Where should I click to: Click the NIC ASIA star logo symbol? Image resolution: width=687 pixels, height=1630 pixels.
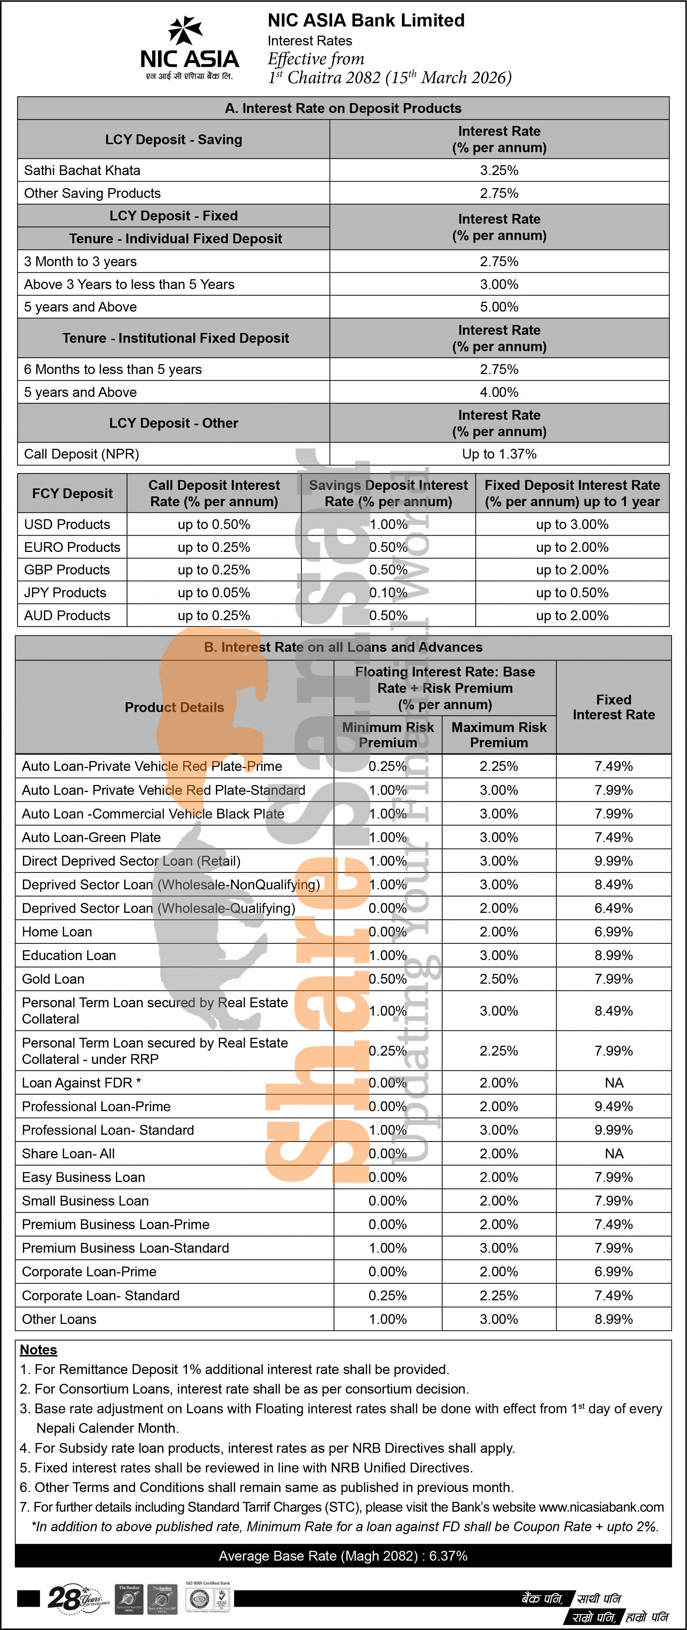pyautogui.click(x=185, y=31)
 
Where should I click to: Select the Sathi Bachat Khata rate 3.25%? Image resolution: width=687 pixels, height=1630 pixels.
pyautogui.click(x=499, y=170)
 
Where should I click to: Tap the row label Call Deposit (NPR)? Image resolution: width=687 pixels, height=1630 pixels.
pyautogui.click(x=81, y=454)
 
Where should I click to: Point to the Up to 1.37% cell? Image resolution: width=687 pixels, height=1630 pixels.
pyautogui.click(x=499, y=454)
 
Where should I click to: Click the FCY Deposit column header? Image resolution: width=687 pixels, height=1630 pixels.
pyautogui.click(x=72, y=493)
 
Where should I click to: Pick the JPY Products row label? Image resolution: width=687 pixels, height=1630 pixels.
pyautogui.click(x=65, y=593)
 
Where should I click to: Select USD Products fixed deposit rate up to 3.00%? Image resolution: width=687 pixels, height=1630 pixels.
pyautogui.click(x=572, y=525)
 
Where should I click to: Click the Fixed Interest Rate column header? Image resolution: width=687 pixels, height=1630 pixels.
pyautogui.click(x=614, y=707)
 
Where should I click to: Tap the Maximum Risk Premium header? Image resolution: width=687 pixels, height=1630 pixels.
pyautogui.click(x=499, y=735)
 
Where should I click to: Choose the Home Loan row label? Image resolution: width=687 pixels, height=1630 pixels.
pyautogui.click(x=57, y=931)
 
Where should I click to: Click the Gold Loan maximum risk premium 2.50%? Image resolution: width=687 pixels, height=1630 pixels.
pyautogui.click(x=499, y=979)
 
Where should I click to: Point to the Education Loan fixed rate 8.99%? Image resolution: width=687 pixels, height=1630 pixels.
pyautogui.click(x=614, y=955)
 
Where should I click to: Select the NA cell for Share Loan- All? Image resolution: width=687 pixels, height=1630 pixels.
pyautogui.click(x=614, y=1154)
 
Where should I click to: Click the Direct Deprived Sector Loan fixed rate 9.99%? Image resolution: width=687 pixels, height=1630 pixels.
pyautogui.click(x=614, y=861)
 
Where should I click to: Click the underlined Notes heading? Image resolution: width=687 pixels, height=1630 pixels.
pyautogui.click(x=39, y=1350)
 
